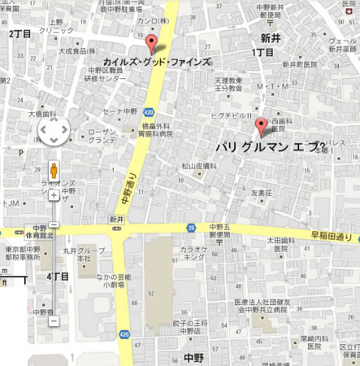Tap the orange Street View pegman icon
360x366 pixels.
point(54,171)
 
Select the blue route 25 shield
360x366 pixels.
point(190,228)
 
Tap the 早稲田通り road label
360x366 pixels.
point(332,235)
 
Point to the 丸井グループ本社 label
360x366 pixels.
point(78,254)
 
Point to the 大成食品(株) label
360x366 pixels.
point(79,51)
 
